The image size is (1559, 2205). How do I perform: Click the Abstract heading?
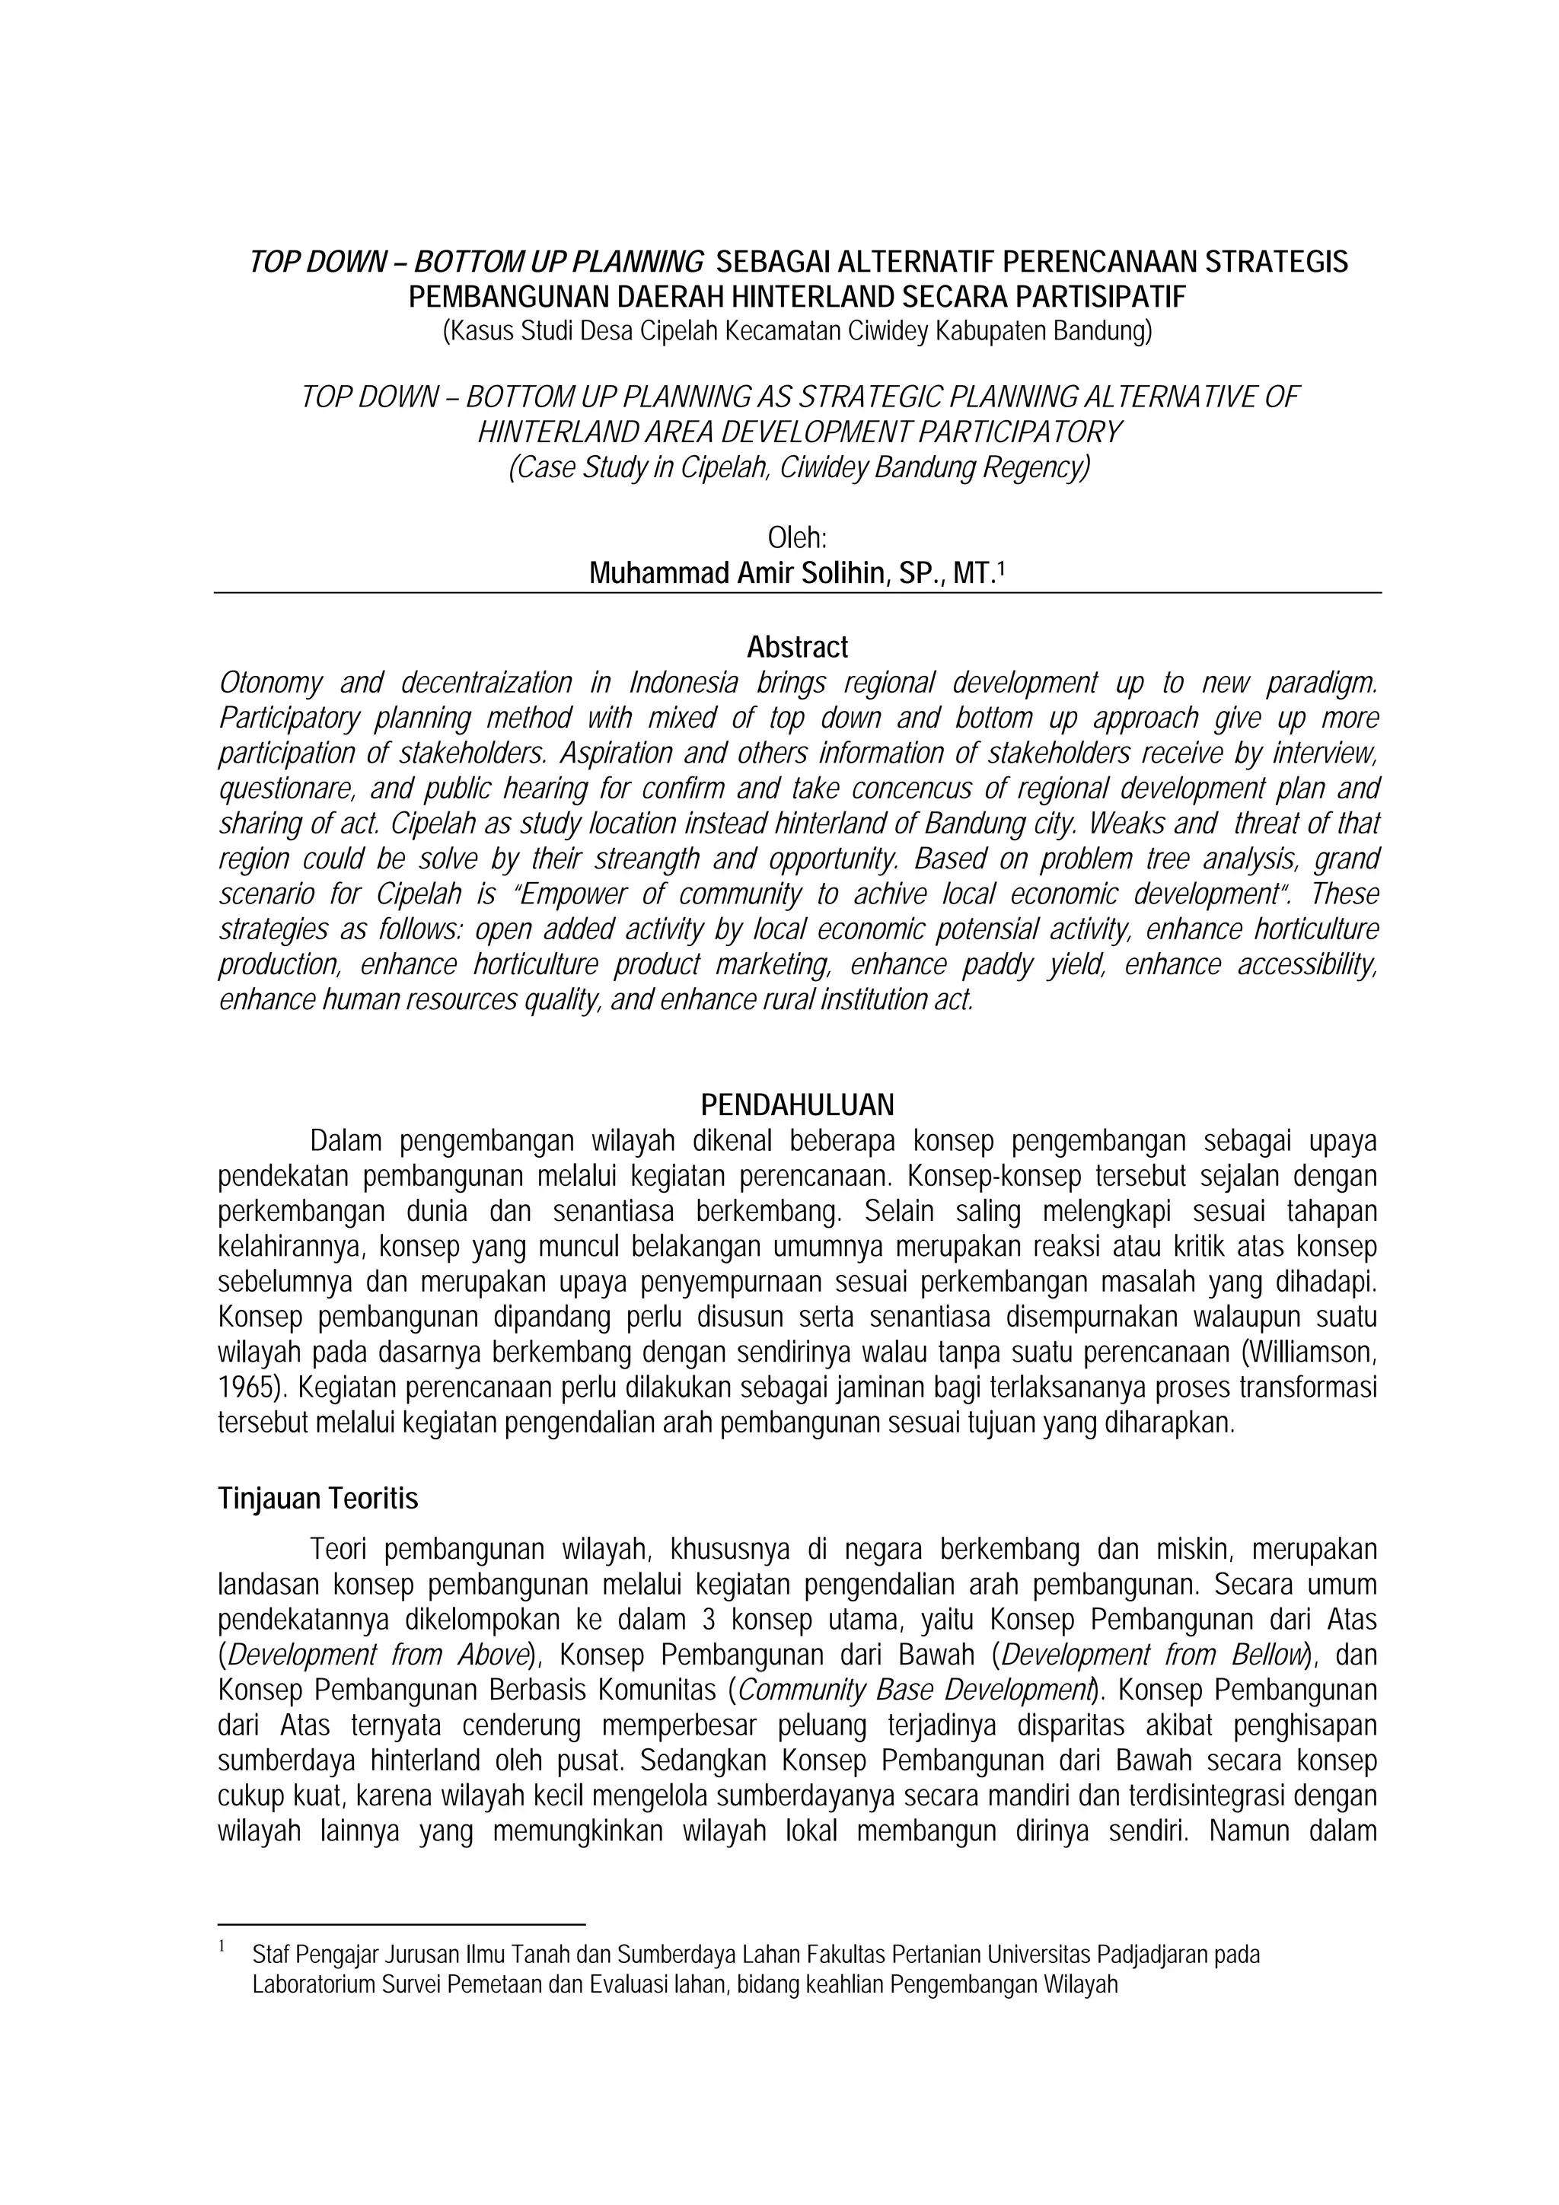point(797,647)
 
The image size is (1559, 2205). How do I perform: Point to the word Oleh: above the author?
point(797,538)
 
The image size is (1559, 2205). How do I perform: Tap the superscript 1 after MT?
point(1001,569)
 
